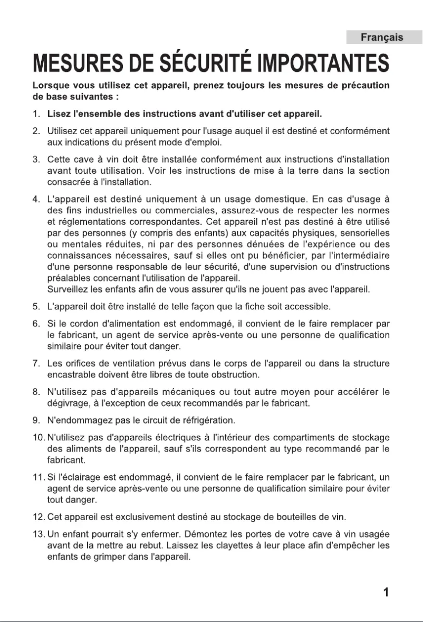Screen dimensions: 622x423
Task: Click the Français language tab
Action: tap(382, 37)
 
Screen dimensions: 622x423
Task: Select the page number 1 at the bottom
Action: tap(386, 592)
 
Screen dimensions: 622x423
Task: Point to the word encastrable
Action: tap(72, 374)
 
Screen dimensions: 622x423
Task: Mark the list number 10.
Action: tap(37, 437)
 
